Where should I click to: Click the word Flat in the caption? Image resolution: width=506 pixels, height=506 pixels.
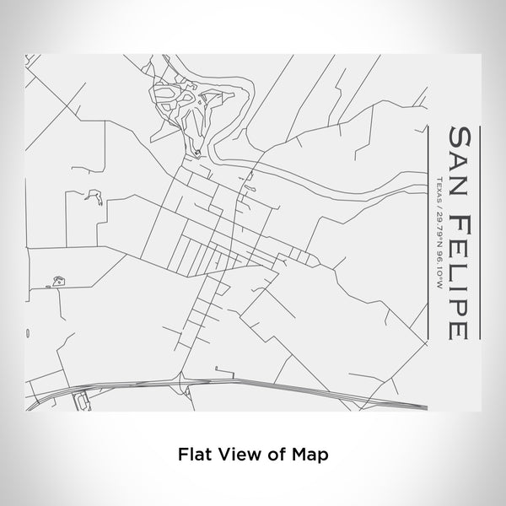pyautogui.click(x=194, y=453)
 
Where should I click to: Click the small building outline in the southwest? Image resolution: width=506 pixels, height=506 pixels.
pyautogui.click(x=57, y=281)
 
